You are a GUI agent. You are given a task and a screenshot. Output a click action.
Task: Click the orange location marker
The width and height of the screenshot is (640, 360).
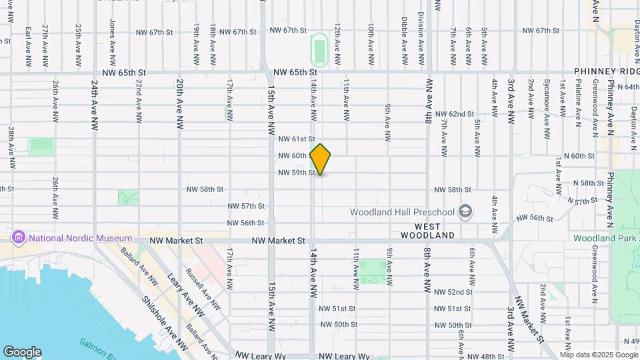point(321,159)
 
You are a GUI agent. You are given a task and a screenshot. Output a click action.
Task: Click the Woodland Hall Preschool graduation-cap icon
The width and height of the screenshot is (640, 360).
point(465,212)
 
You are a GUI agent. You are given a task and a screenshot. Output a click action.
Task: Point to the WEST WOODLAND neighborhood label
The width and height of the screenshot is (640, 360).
point(427,235)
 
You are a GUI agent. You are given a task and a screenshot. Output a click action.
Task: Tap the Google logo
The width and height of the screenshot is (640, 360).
point(22,352)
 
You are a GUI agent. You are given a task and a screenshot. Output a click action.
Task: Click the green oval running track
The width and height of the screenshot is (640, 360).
point(319,49)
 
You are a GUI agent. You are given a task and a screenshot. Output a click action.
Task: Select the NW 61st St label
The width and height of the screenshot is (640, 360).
point(297,139)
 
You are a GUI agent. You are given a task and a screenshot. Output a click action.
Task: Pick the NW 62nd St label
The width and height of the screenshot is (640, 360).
point(455,114)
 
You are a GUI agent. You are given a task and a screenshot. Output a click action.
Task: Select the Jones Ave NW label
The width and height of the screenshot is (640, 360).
point(111,32)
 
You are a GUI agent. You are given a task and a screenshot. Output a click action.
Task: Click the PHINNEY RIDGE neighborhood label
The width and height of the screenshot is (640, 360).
point(607,71)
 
